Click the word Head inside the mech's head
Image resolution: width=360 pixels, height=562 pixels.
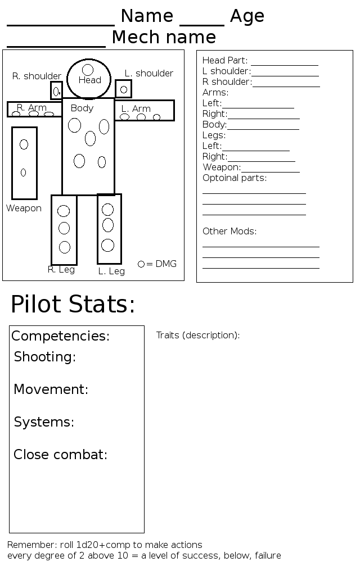[x=89, y=80]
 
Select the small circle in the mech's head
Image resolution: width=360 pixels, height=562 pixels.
[x=88, y=70]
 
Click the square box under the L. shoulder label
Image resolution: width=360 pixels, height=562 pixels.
[x=124, y=89]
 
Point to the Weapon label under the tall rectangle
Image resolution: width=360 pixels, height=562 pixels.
[x=24, y=209]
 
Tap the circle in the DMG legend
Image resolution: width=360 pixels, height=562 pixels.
[x=141, y=264]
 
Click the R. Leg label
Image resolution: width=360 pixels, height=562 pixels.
[x=61, y=270]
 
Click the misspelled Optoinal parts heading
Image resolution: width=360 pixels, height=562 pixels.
[x=235, y=178]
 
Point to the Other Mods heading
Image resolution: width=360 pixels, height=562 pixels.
[x=229, y=232]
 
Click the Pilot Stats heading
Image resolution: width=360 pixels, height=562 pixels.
[x=73, y=305]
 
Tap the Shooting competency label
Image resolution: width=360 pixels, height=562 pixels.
[x=45, y=357]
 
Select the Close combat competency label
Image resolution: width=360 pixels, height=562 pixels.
[x=61, y=455]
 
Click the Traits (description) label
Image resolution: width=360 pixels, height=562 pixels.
[x=198, y=336]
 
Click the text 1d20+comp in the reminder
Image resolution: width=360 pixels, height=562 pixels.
[x=107, y=545]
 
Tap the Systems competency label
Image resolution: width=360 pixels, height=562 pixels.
[x=44, y=422]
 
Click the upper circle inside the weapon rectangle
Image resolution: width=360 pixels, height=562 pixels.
[x=24, y=144]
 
